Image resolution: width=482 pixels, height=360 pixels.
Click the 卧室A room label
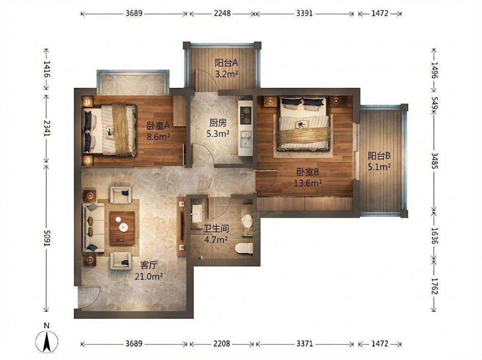pyautogui.click(x=158, y=126)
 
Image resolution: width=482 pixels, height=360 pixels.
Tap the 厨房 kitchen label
pyautogui.click(x=218, y=123)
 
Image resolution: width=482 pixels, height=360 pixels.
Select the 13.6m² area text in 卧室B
pyautogui.click(x=308, y=184)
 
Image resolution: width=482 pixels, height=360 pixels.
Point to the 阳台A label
pyautogui.click(x=226, y=63)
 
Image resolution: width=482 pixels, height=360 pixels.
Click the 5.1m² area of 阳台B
pyautogui.click(x=379, y=167)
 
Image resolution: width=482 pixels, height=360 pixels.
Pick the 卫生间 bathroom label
pyautogui.click(x=216, y=228)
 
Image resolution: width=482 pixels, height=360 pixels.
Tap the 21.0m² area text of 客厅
pyautogui.click(x=149, y=277)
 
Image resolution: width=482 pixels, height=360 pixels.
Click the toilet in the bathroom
pyautogui.click(x=244, y=248)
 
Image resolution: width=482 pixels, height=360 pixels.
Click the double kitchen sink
pyautogui.click(x=246, y=140)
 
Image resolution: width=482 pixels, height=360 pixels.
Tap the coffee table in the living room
pyautogui.click(x=122, y=228)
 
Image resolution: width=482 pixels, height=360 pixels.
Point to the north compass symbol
pyautogui.click(x=47, y=340)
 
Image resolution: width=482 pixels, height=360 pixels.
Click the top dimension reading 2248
pyautogui.click(x=222, y=14)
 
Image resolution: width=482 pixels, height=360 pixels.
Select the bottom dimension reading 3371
pyautogui.click(x=305, y=344)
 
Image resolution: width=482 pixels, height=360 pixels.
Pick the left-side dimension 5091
pyautogui.click(x=47, y=238)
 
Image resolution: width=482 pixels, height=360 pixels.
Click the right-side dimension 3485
pyautogui.click(x=434, y=161)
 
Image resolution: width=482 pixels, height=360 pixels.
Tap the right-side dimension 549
pyautogui.click(x=434, y=104)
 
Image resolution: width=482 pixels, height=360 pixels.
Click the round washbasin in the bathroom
pyautogui.click(x=247, y=220)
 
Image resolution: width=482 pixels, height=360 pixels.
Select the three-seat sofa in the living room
pyautogui.click(x=91, y=228)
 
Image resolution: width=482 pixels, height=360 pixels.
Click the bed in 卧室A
pyautogui.click(x=109, y=129)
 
